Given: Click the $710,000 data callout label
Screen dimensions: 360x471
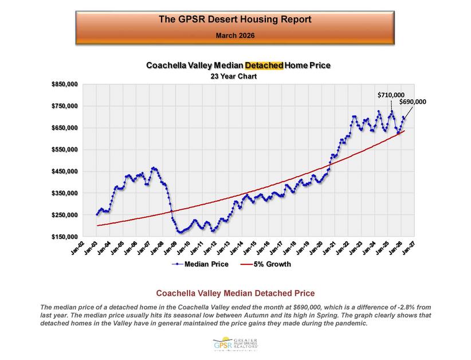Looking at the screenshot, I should [x=391, y=94].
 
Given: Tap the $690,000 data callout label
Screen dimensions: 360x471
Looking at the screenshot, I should [x=413, y=101].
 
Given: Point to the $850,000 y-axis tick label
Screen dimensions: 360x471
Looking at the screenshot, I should [x=64, y=84].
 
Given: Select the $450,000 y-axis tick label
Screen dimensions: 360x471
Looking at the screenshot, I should [x=64, y=171].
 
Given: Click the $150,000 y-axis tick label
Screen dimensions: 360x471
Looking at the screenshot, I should [x=64, y=237].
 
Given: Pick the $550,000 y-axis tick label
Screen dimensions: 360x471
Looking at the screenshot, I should [x=64, y=150].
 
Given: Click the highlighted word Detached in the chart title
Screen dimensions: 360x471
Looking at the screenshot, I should [x=264, y=65].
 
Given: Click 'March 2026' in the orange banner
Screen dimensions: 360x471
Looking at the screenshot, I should [x=235, y=36].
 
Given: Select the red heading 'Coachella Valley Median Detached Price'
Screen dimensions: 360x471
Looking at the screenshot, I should [x=235, y=294].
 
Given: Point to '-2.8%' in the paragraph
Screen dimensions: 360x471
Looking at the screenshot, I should [x=394, y=308].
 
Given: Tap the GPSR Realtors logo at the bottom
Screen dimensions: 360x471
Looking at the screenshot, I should [x=235, y=345].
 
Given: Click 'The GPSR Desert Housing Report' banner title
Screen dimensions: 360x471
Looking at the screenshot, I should [x=235, y=19].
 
